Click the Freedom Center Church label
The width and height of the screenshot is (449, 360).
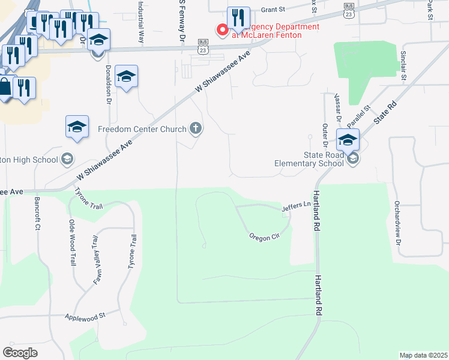pyautogui.click(x=142, y=128)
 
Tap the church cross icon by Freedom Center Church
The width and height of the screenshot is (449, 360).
pyautogui.click(x=195, y=128)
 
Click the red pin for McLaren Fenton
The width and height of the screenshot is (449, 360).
pyautogui.click(x=221, y=29)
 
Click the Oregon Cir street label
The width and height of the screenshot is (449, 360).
pyautogui.click(x=265, y=236)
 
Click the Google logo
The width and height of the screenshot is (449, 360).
pyautogui.click(x=20, y=353)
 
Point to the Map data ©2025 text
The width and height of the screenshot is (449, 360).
pyautogui.click(x=423, y=355)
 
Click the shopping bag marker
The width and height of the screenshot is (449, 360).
pyautogui.click(x=5, y=88)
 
